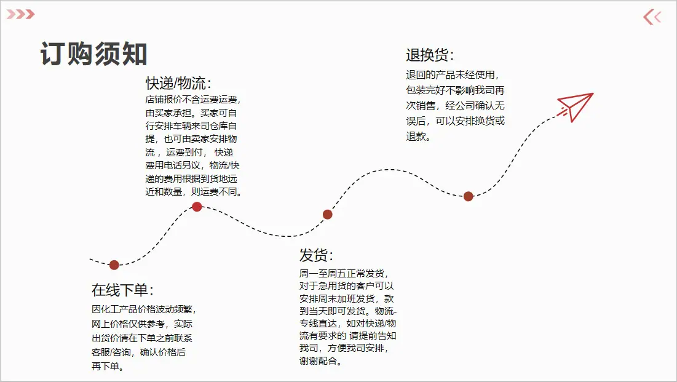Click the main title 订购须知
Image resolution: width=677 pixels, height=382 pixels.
(94, 54)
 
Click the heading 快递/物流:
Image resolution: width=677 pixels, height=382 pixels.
(178, 83)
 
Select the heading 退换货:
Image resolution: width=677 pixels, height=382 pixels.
(430, 55)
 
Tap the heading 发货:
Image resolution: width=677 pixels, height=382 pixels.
(316, 255)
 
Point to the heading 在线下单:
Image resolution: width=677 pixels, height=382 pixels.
(122, 290)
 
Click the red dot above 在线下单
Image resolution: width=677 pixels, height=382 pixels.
(114, 265)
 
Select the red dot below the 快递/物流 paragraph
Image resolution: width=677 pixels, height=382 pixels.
(197, 207)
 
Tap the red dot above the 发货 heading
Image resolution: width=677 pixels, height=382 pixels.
(328, 214)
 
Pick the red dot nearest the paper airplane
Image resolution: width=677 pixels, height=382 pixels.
(469, 197)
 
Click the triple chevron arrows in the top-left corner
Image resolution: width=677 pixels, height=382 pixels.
(21, 14)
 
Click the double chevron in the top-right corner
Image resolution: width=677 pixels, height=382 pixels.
(652, 17)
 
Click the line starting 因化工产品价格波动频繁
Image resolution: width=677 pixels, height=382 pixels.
(145, 309)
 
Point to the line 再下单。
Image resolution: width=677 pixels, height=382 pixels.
(108, 367)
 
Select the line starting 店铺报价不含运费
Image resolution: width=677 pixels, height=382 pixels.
(193, 100)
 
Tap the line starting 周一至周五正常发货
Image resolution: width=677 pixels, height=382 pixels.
(344, 274)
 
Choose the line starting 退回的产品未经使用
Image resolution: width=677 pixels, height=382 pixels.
(453, 75)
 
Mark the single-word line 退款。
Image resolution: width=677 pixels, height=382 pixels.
(418, 137)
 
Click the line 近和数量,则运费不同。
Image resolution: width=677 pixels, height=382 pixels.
(194, 192)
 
